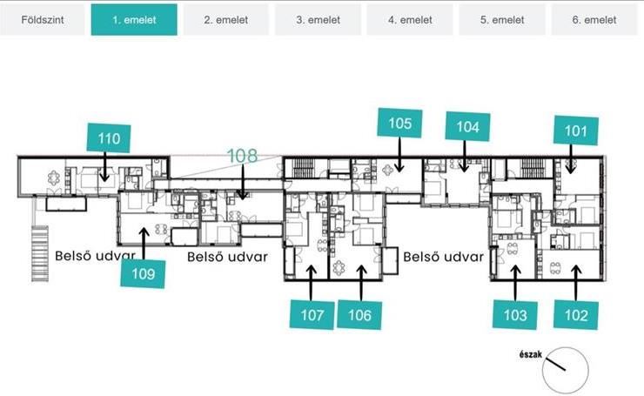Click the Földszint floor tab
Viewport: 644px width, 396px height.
pos(43,20)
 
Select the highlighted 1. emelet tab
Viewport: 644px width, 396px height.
pos(134,20)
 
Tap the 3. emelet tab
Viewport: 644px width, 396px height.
pos(318,20)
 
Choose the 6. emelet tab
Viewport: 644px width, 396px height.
pos(594,20)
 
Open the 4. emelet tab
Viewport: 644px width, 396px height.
pos(410,20)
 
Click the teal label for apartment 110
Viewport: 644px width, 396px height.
pos(109,138)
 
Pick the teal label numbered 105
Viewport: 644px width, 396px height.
pos(399,123)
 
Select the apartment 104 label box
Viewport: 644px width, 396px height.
pos(468,126)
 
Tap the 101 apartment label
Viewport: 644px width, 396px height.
pos(576,131)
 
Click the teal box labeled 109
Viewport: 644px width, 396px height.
pos(143,273)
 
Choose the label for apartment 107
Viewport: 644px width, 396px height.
pos(312,315)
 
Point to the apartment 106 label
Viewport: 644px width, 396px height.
pos(359,315)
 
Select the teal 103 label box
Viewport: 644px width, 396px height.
pos(515,315)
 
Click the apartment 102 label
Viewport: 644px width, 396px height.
pos(576,315)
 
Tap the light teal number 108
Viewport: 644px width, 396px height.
pos(242,156)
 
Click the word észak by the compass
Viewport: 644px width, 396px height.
pos(531,354)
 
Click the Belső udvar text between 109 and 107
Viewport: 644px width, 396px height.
pos(227,257)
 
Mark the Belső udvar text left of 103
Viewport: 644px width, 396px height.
pos(444,257)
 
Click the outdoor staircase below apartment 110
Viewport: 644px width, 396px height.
pos(40,253)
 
